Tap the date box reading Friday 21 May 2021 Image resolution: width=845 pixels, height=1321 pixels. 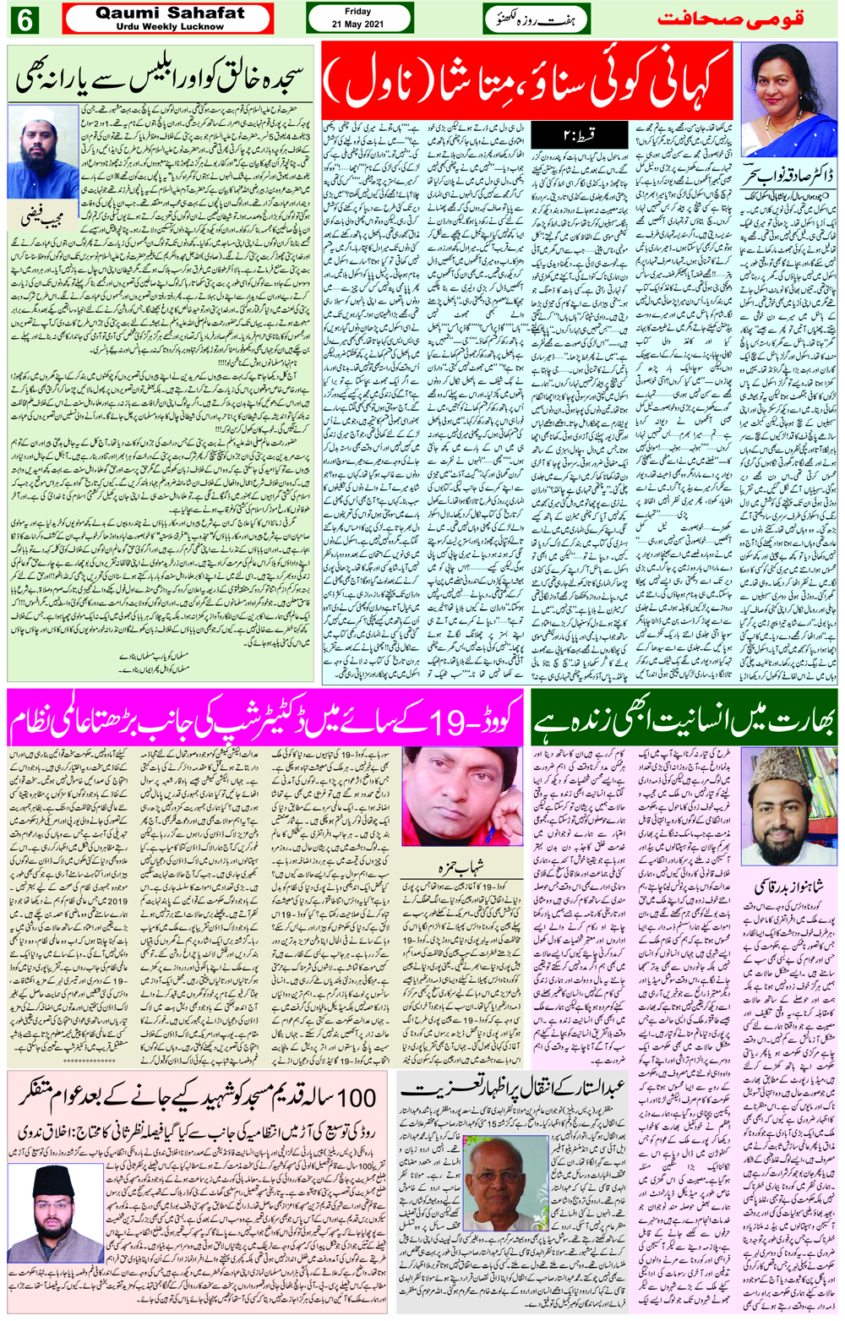pyautogui.click(x=358, y=19)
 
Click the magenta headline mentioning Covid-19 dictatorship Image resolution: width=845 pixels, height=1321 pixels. pyautogui.click(x=265, y=719)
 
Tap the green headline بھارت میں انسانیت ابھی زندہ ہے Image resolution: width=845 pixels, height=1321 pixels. pyautogui.click(x=684, y=719)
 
